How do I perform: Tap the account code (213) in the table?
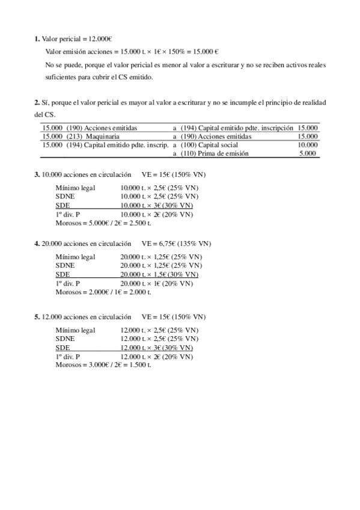tap(75, 137)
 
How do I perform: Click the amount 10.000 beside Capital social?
tap(308, 145)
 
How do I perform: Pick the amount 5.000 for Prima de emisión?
tap(310, 153)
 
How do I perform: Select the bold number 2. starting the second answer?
tap(37, 103)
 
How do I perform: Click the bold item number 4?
tap(37, 244)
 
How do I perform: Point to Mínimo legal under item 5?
tap(75, 330)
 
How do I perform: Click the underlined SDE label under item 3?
tap(63, 205)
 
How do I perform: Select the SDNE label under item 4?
tap(65, 265)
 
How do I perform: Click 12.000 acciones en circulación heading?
tap(87, 317)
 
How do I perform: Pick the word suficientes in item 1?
tap(63, 77)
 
